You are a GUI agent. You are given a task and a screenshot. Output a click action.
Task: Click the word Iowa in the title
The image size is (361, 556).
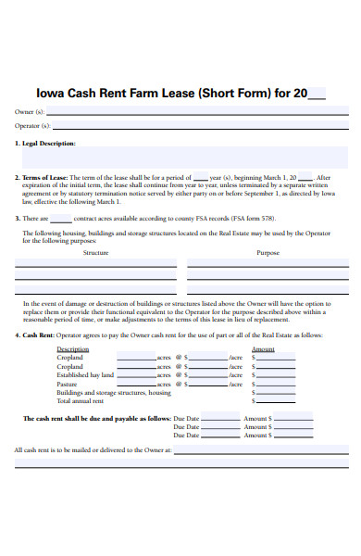[x=49, y=93]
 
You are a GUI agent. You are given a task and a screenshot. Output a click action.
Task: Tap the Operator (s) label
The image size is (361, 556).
[x=31, y=125]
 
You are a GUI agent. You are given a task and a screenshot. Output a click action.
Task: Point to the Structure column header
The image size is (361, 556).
[x=95, y=252]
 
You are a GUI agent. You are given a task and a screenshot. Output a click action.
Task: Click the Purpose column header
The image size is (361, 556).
[x=268, y=252]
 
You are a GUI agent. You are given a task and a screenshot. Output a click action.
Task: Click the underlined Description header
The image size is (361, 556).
[x=73, y=349]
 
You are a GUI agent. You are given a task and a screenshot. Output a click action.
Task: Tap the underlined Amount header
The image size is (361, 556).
[x=263, y=349]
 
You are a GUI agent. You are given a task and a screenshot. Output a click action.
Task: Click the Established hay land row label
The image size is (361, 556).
[x=85, y=375]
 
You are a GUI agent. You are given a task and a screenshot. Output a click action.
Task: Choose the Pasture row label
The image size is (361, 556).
[x=67, y=384]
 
